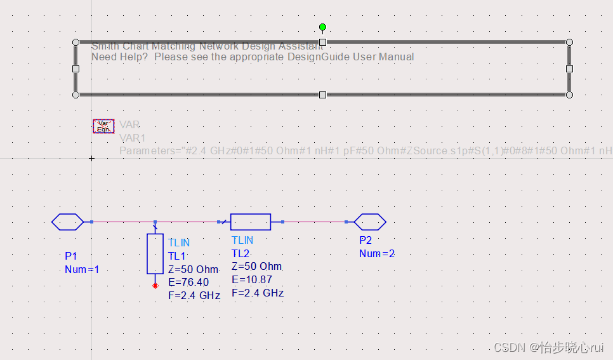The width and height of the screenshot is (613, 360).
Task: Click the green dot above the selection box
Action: tap(322, 27)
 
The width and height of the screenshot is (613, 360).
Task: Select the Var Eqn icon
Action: tap(103, 126)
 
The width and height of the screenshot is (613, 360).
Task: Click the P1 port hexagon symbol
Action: tap(67, 222)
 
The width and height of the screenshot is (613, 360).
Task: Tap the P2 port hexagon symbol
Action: tap(369, 222)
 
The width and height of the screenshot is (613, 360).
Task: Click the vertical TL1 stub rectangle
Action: tap(155, 253)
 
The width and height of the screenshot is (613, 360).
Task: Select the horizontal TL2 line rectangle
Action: tap(251, 222)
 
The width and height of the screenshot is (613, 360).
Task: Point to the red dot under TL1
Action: tap(155, 286)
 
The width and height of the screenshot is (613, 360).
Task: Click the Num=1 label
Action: tap(82, 269)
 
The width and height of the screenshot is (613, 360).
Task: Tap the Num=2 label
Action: tap(377, 253)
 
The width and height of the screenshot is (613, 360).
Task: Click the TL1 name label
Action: tap(177, 256)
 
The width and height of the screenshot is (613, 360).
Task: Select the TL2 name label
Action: tap(241, 253)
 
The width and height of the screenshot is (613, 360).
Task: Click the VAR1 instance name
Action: tap(132, 138)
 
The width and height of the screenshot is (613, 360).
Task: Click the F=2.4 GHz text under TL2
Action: tap(257, 293)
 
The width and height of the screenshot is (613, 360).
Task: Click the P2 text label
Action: tap(366, 240)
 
